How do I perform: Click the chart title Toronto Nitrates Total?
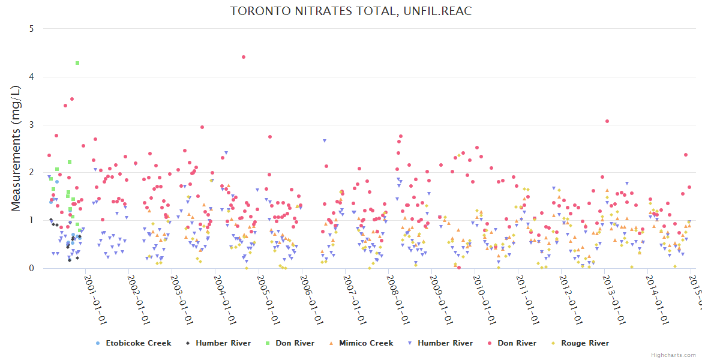[x=351, y=11]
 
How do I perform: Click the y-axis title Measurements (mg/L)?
[x=17, y=149]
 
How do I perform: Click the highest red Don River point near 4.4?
[x=243, y=57]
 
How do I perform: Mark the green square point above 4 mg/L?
[x=77, y=63]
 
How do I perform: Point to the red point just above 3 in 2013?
[x=607, y=121]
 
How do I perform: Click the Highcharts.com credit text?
[x=673, y=355]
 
